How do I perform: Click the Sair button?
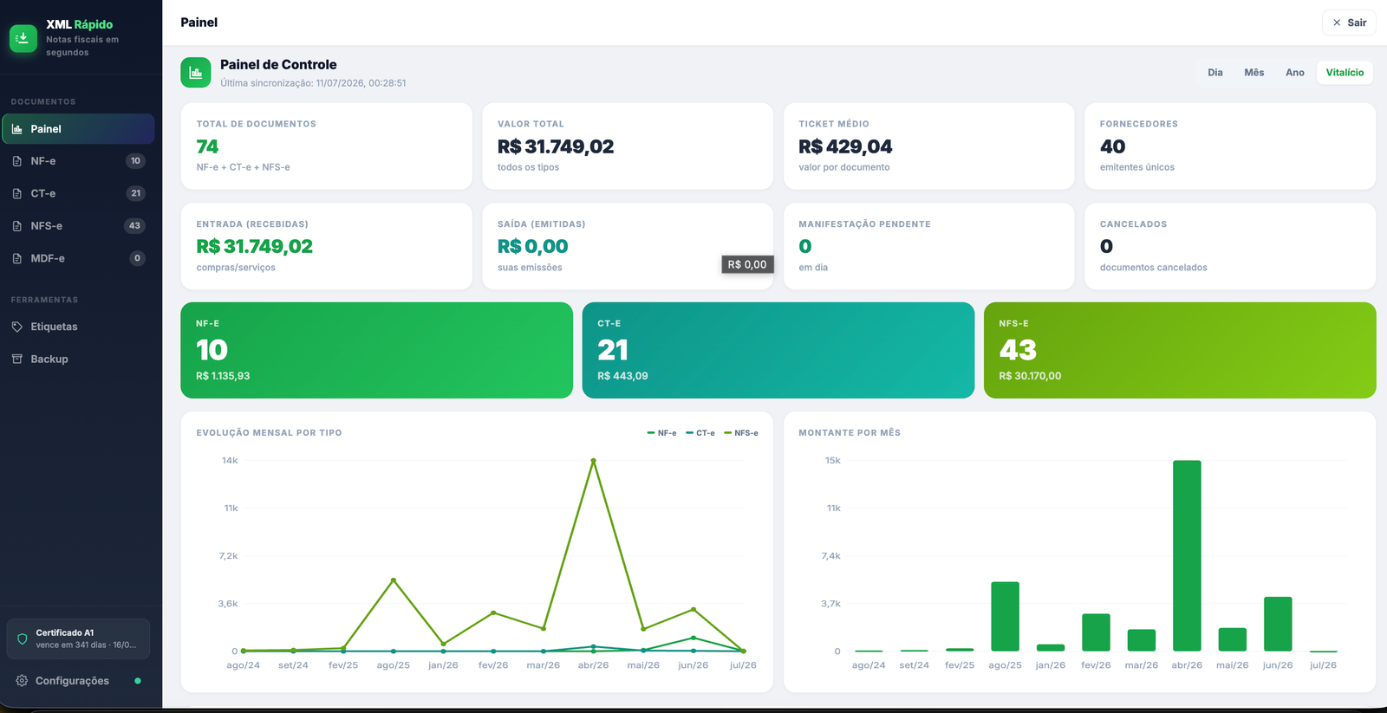pyautogui.click(x=1349, y=23)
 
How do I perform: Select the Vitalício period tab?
pyautogui.click(x=1345, y=73)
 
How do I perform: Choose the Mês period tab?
pyautogui.click(x=1254, y=73)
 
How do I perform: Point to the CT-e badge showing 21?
pyautogui.click(x=135, y=193)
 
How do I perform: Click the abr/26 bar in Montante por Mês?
pyautogui.click(x=1187, y=556)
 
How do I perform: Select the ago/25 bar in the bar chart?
pyautogui.click(x=1005, y=617)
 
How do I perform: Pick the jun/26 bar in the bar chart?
pyautogui.click(x=1278, y=624)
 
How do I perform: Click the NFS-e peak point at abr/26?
pyautogui.click(x=593, y=461)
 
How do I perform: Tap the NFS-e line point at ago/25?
pyautogui.click(x=394, y=580)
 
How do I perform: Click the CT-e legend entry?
pyautogui.click(x=700, y=433)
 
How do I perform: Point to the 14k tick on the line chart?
pyautogui.click(x=230, y=461)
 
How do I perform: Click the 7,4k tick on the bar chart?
pyautogui.click(x=831, y=556)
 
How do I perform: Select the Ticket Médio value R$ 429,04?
pyautogui.click(x=845, y=146)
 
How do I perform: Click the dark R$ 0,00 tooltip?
pyautogui.click(x=746, y=264)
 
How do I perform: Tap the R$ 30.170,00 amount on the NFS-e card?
pyautogui.click(x=1030, y=376)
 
